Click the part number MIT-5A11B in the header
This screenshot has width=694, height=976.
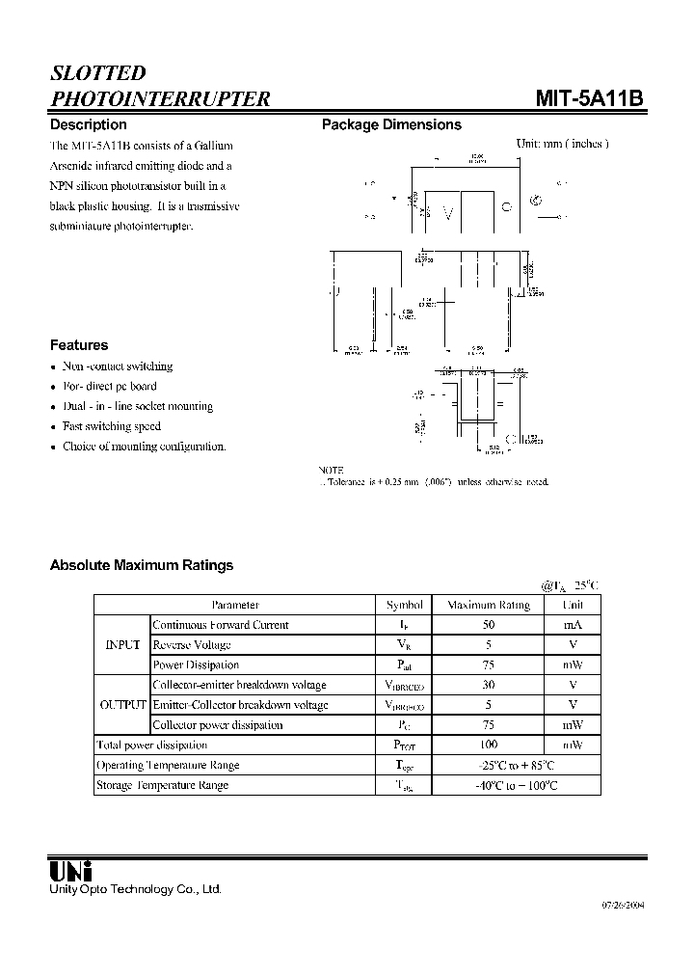589,98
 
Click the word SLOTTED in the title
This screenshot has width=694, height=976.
97,73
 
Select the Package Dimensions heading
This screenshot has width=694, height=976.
391,124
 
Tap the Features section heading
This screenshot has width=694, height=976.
79,345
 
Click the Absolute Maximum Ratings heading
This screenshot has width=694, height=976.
142,565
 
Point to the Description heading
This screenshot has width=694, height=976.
88,124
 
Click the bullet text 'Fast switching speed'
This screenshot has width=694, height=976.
112,426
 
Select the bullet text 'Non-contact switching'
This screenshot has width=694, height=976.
118,366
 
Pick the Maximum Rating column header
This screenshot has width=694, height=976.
489,605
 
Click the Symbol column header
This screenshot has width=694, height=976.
404,605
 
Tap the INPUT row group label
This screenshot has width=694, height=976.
122,645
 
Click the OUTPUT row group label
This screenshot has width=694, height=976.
122,705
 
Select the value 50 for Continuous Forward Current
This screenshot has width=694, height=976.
489,625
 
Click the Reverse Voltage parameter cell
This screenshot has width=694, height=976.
192,645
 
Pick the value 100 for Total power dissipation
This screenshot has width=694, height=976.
489,746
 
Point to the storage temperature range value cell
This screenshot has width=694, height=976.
516,785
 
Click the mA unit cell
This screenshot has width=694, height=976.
573,625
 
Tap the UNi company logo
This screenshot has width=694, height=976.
70,869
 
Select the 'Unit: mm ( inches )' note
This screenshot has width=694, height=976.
562,144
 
